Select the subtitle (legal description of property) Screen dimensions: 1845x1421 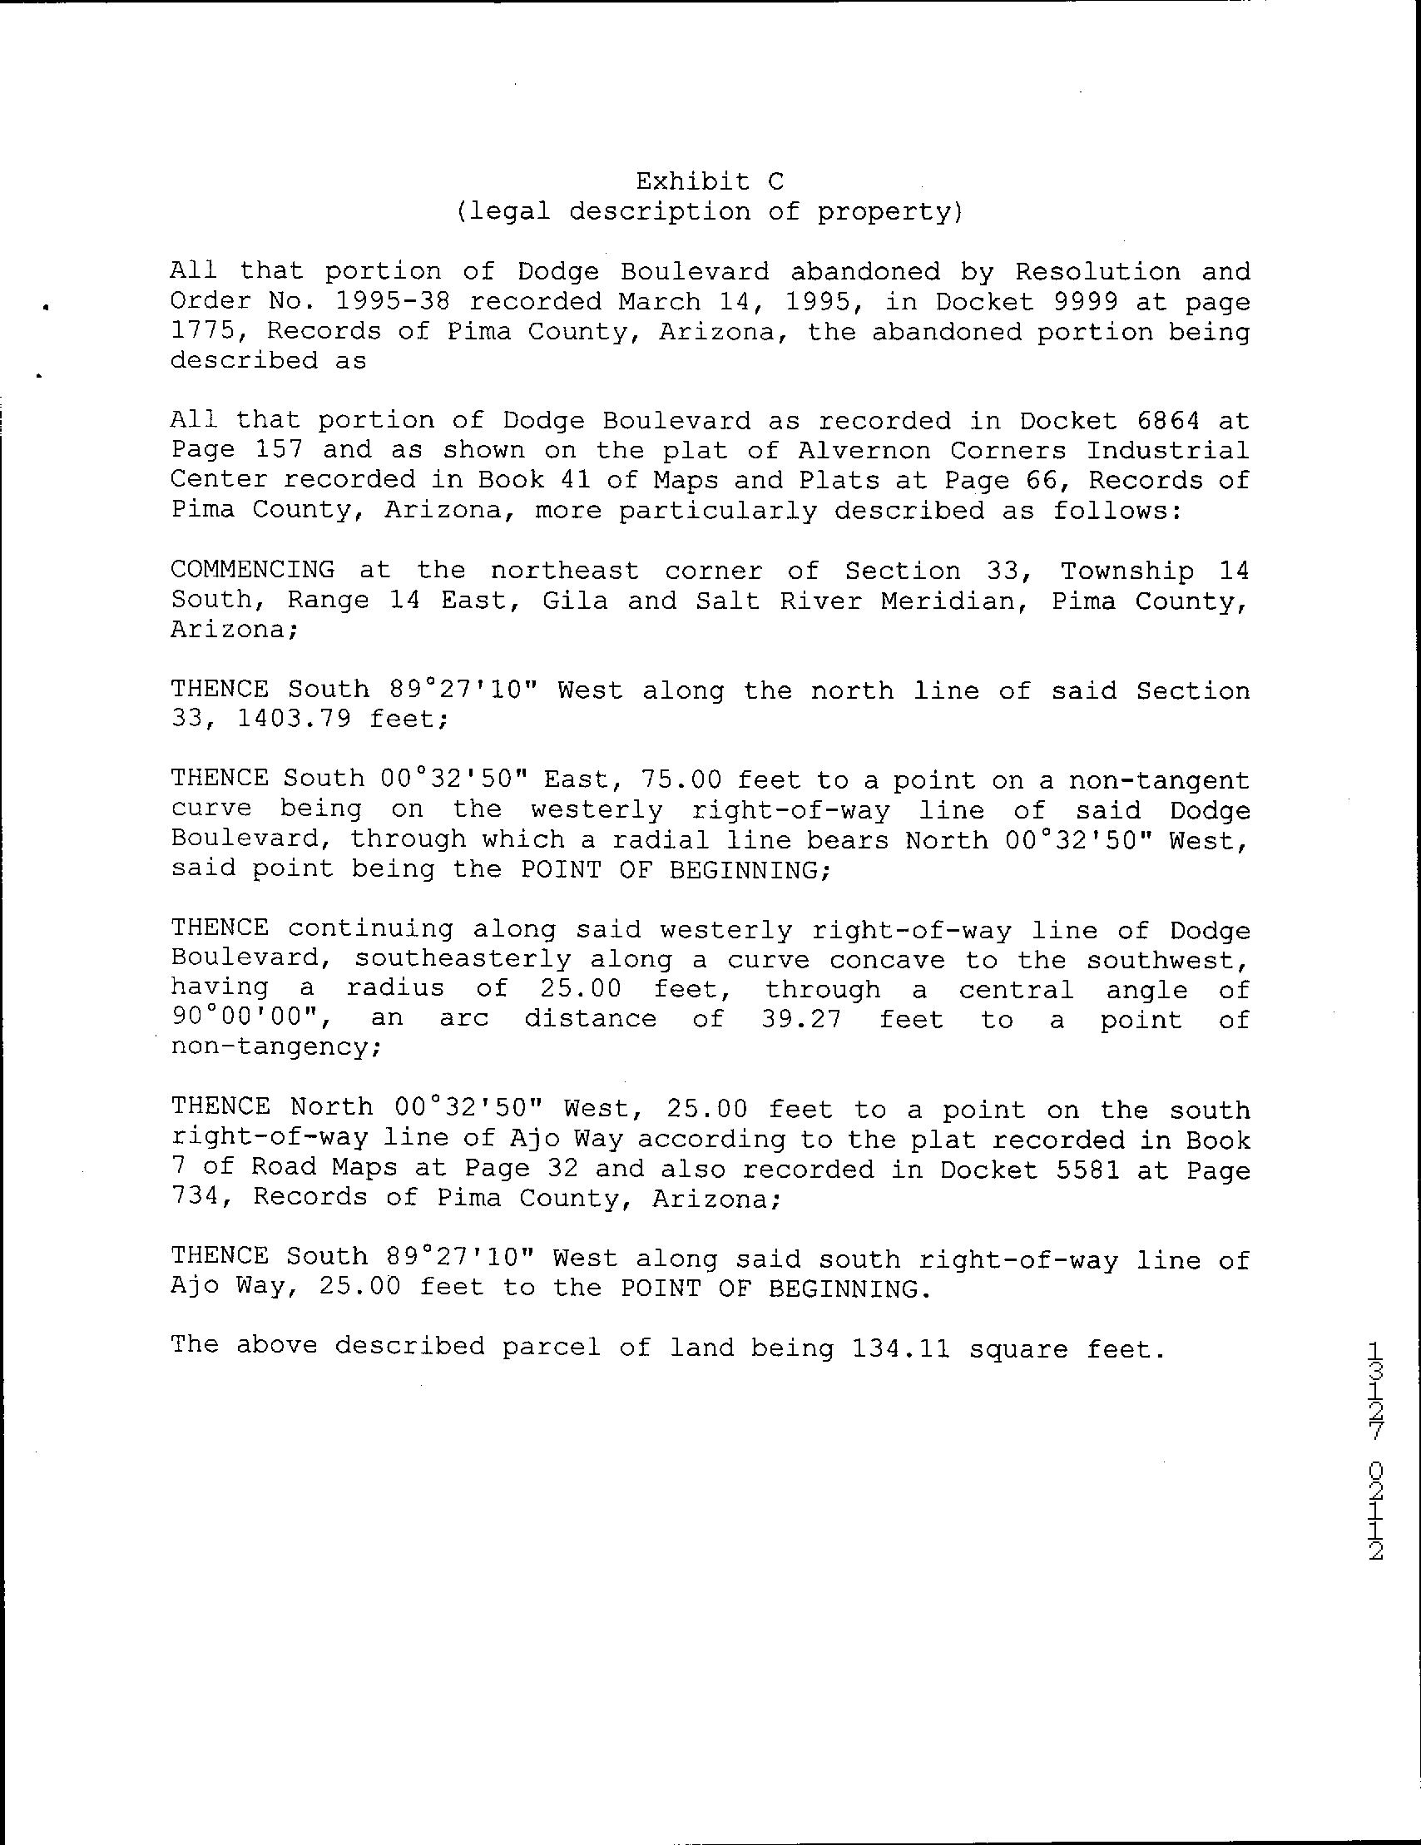tap(710, 211)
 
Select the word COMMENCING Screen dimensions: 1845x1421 tap(253, 571)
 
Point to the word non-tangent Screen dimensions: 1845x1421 tap(1158, 779)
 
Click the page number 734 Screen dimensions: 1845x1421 tap(196, 1199)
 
